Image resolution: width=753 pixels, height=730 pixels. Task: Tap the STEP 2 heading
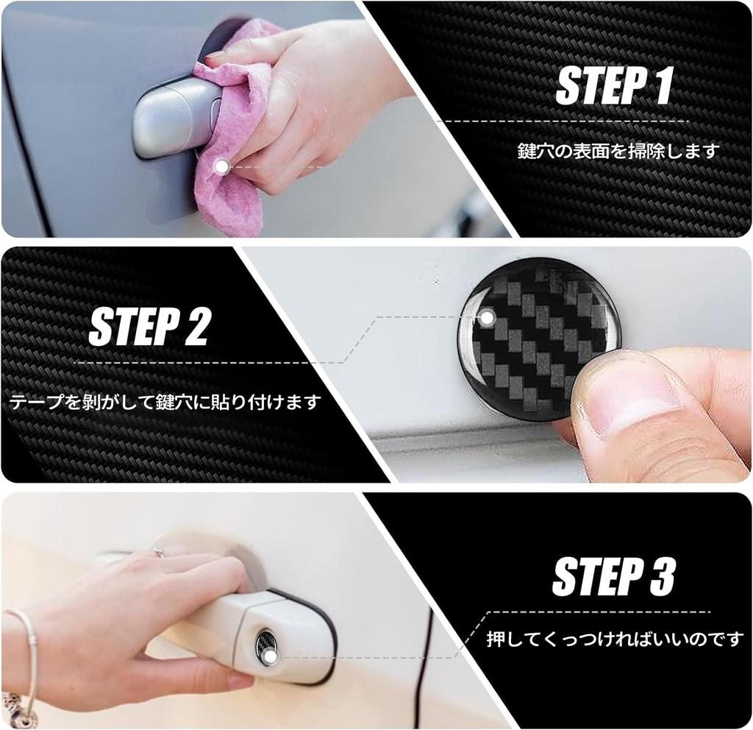tap(149, 327)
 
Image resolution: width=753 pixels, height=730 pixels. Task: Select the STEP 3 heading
tap(613, 575)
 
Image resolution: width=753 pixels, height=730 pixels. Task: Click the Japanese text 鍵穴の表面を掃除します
tap(618, 151)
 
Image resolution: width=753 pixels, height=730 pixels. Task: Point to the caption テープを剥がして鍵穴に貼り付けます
tap(165, 403)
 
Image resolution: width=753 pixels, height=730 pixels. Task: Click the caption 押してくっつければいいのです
tap(615, 639)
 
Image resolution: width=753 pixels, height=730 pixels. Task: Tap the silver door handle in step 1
tap(173, 118)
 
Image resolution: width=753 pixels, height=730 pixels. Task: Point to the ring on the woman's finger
tap(157, 552)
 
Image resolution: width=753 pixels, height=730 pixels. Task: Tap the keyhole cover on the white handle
tap(266, 648)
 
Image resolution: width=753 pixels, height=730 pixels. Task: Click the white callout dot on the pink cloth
tap(221, 167)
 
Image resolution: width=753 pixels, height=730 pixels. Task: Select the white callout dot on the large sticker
tap(486, 318)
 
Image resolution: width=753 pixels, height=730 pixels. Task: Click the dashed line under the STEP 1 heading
tap(563, 121)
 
